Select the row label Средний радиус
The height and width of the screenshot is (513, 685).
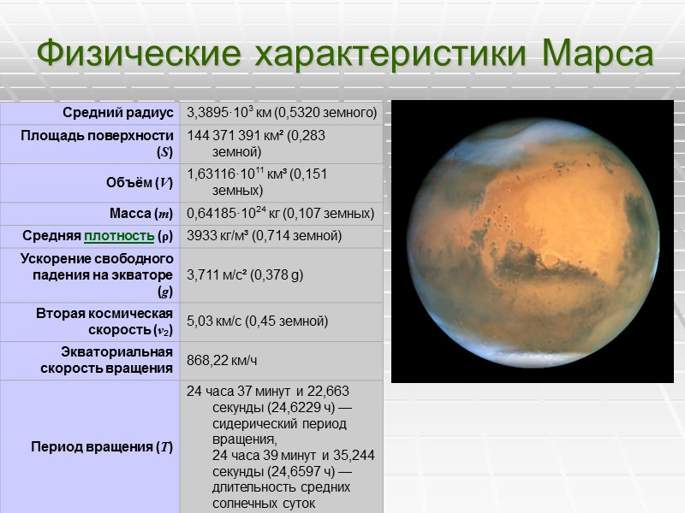117,113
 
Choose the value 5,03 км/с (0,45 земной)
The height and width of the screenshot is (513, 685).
258,321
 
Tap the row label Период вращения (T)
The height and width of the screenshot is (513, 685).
102,447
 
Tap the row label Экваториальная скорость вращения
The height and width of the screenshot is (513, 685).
106,360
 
